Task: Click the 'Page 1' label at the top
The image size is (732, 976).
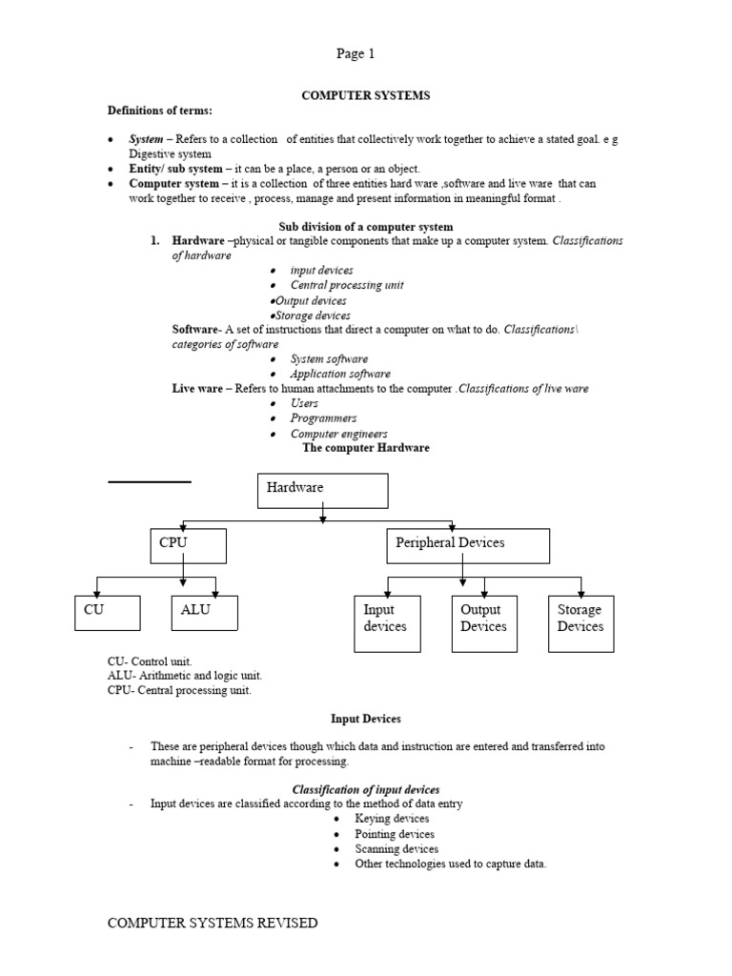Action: pos(356,54)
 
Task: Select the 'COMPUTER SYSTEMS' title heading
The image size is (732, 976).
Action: pos(366,95)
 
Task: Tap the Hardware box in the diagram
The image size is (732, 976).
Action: pos(323,490)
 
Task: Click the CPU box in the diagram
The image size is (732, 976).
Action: pos(188,545)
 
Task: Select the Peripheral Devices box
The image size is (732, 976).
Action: pos(468,545)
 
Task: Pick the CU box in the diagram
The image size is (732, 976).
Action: pos(107,613)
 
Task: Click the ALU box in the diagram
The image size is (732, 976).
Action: pos(205,613)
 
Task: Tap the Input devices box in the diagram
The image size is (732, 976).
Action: pos(387,623)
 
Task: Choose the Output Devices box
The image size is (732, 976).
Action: pos(484,623)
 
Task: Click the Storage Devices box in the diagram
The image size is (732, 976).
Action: pos(581,623)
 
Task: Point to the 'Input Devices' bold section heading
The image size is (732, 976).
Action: pos(366,718)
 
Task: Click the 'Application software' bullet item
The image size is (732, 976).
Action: pos(340,374)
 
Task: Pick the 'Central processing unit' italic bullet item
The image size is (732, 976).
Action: pos(347,285)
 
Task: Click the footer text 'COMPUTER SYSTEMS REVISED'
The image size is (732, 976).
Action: pos(213,923)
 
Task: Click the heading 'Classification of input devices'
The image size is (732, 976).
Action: pos(366,789)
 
